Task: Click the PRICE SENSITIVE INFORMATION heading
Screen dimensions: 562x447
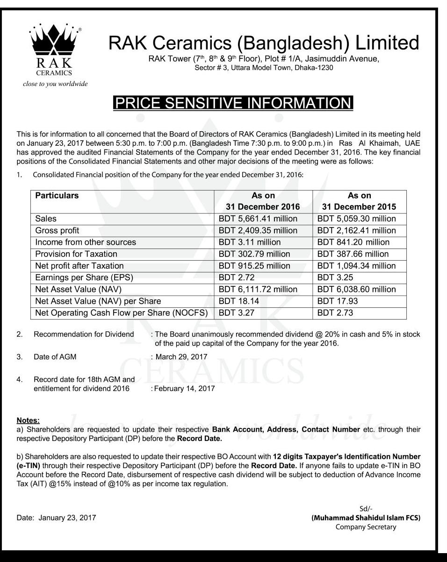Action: [232, 103]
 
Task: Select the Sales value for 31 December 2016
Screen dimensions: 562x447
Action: [258, 219]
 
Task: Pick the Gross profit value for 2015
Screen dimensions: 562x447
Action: [356, 230]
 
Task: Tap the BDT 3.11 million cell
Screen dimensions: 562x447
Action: [250, 242]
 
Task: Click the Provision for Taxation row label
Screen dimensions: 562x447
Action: [76, 254]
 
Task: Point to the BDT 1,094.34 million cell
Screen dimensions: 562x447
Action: [356, 266]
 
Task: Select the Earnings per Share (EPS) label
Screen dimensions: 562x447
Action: [84, 277]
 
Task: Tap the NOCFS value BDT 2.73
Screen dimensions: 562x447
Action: [335, 313]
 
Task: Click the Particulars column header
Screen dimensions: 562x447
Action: [57, 196]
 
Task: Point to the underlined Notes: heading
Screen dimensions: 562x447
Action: [28, 421]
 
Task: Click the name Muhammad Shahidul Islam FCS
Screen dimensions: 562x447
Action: [366, 518]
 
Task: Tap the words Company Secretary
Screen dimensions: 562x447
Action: [366, 527]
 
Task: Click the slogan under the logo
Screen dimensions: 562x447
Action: [55, 84]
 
